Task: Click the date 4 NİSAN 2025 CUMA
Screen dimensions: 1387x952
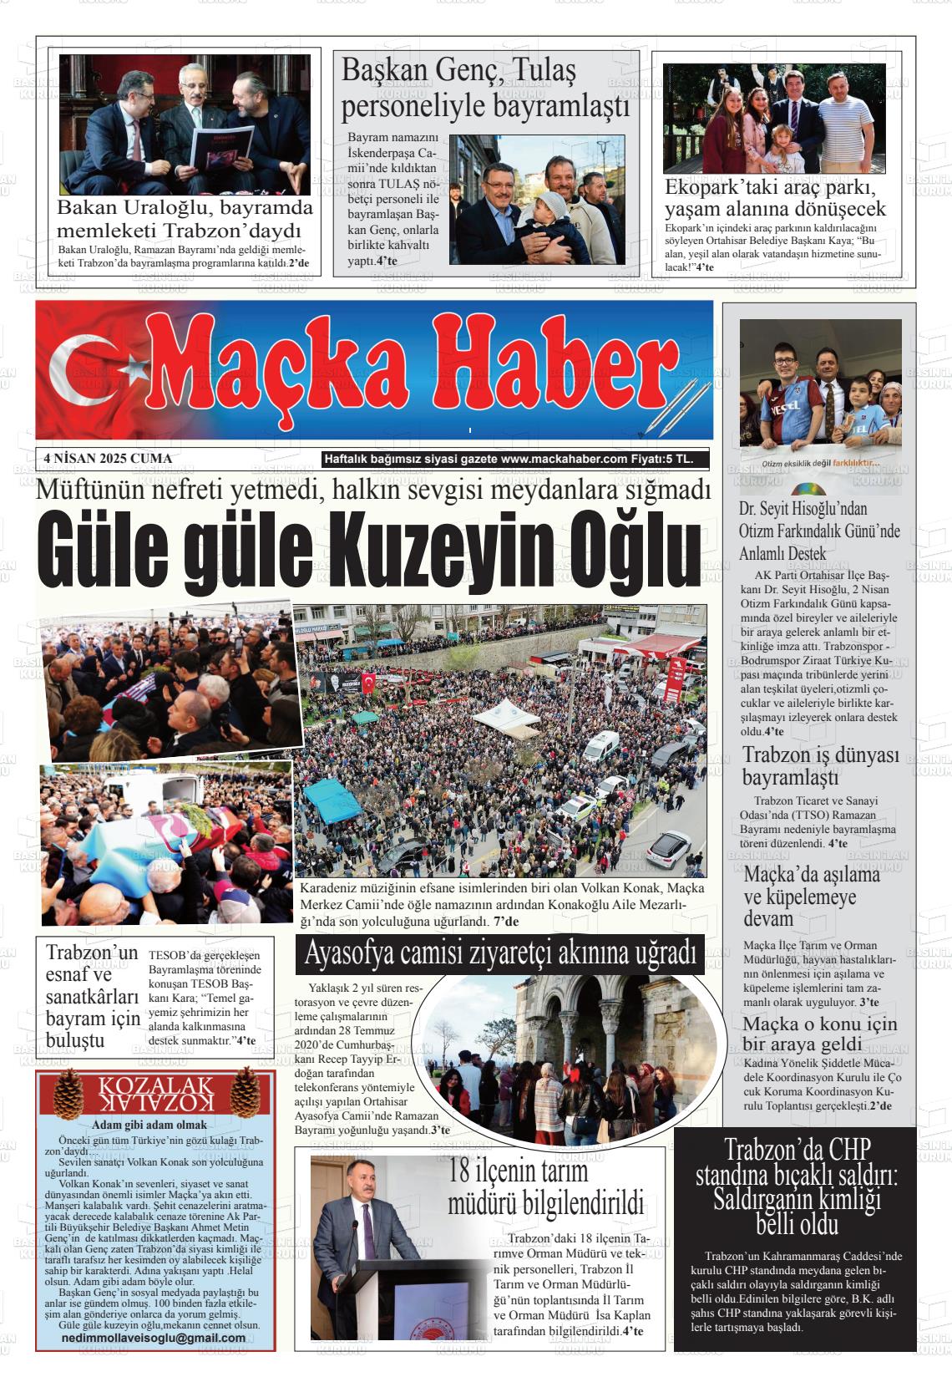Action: pos(108,458)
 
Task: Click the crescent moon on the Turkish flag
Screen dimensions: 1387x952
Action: pos(79,368)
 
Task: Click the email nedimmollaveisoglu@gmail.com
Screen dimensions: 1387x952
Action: pos(154,1337)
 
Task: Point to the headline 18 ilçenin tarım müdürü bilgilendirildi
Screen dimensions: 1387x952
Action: pos(545,1187)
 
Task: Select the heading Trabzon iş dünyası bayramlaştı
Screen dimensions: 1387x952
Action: pos(820,766)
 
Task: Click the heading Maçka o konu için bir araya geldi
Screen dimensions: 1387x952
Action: pos(820,1034)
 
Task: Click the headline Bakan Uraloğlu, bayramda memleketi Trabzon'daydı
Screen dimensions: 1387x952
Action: pos(185,219)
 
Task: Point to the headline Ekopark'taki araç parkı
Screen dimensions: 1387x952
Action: pos(775,197)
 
